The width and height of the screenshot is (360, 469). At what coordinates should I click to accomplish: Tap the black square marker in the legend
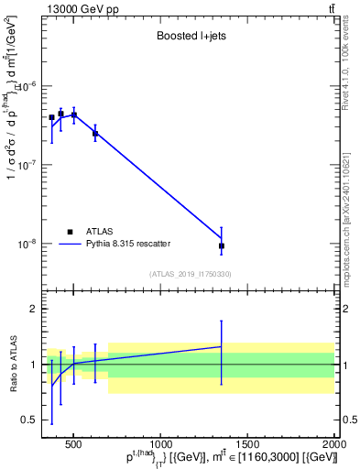pos(71,232)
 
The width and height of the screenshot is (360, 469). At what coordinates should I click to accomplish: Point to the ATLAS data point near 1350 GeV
pos(222,245)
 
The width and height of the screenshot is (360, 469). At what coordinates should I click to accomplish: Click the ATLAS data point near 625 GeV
pos(95,134)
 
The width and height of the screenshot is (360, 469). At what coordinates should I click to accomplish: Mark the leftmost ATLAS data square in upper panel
pos(51,117)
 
